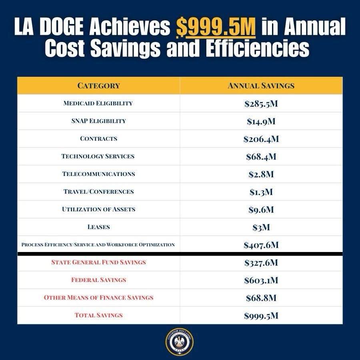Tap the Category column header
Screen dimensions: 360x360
pos(98,86)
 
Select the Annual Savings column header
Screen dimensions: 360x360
pos(261,86)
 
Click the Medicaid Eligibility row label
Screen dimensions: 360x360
pos(98,103)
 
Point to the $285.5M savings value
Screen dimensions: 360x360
pos(261,104)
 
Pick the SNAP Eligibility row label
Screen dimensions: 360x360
pos(98,121)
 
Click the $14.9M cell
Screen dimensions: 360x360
pos(261,122)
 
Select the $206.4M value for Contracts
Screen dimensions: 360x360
pos(261,139)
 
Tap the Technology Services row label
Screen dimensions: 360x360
pos(98,156)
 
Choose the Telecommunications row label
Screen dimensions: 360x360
pos(98,174)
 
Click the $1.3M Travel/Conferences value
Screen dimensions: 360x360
pos(261,192)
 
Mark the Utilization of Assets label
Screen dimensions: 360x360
pos(98,209)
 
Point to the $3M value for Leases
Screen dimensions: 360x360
pos(261,227)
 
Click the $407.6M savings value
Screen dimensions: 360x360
pos(261,245)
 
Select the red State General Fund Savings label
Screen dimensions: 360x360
pos(98,262)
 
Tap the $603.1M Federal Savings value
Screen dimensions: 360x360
pos(261,280)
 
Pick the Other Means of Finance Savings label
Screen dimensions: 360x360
pos(98,298)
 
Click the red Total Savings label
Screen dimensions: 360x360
pos(98,315)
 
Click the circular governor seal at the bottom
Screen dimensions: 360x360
pos(180,343)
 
